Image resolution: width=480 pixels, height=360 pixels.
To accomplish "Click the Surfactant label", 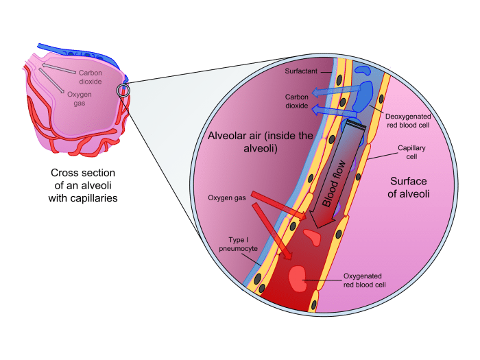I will point(301,71).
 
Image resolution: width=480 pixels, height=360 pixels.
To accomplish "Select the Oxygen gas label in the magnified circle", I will point(226,199).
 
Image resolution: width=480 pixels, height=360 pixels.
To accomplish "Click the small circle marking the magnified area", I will point(123,91).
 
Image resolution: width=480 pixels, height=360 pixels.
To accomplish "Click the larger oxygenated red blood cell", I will point(297,278).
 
